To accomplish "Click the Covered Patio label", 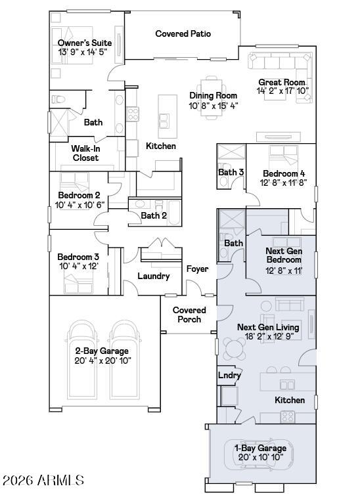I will point(183,33).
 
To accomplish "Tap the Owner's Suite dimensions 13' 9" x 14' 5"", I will point(84,53).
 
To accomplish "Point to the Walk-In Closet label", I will point(85,153).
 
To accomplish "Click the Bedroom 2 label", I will point(79,195).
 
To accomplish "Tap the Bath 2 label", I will point(154,215).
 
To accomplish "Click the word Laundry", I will point(154,276).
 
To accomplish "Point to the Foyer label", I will point(197,269).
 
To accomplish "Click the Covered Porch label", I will point(189,315).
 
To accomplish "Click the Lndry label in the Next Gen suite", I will point(229,376).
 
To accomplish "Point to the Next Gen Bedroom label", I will point(283,255).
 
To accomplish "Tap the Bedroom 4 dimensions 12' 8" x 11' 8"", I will point(282,183).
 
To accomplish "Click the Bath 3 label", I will point(231,173).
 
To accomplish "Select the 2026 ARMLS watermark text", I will point(43,481).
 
